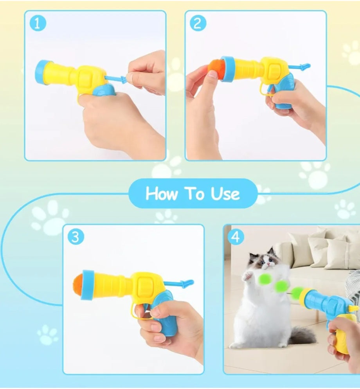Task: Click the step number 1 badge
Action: point(38,23)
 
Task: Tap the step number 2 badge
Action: point(198,23)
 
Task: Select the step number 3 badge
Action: point(76,237)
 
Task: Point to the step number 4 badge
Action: point(236,237)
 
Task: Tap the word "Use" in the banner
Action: point(225,193)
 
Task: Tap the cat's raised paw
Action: point(248,276)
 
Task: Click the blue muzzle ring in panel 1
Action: point(42,72)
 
